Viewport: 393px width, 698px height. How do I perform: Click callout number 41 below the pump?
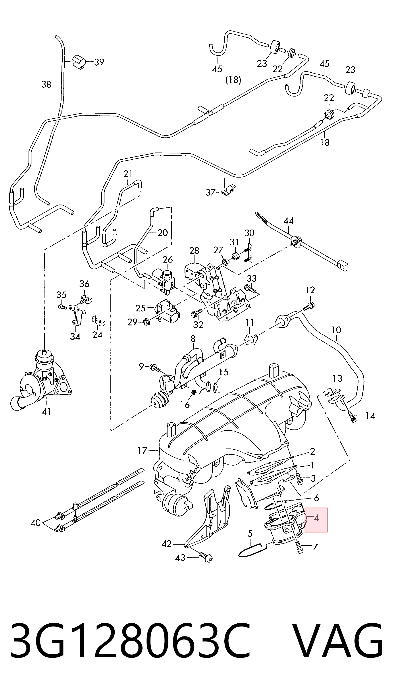[47, 412]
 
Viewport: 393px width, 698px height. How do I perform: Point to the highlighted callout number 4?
[316, 518]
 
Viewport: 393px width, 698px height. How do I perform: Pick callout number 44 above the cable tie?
[289, 221]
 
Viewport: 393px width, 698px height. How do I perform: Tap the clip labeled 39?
[79, 62]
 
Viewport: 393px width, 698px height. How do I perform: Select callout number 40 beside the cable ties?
[35, 523]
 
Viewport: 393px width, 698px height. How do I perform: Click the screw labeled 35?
[62, 307]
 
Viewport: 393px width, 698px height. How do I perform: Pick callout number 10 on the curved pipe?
[336, 330]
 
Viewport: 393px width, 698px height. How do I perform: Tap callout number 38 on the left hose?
[46, 84]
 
